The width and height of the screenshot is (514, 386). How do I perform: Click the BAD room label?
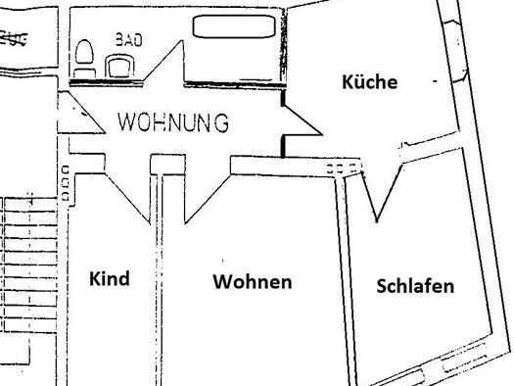tap(129, 40)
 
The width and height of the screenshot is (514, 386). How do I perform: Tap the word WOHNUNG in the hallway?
tap(173, 122)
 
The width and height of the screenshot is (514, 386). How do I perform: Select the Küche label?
tap(369, 81)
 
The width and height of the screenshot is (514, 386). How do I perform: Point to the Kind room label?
tap(110, 279)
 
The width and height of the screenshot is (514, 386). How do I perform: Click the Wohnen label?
tap(253, 282)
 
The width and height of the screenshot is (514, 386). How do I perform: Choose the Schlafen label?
tap(415, 286)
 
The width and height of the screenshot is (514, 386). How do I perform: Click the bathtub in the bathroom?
tap(234, 26)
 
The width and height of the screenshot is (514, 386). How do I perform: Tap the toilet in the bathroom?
tap(84, 59)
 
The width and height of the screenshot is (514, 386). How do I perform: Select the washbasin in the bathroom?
tap(119, 66)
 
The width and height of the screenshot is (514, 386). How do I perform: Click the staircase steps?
tap(30, 265)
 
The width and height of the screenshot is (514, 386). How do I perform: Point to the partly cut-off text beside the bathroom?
tap(13, 38)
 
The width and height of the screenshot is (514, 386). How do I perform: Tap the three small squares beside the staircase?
tap(66, 183)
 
